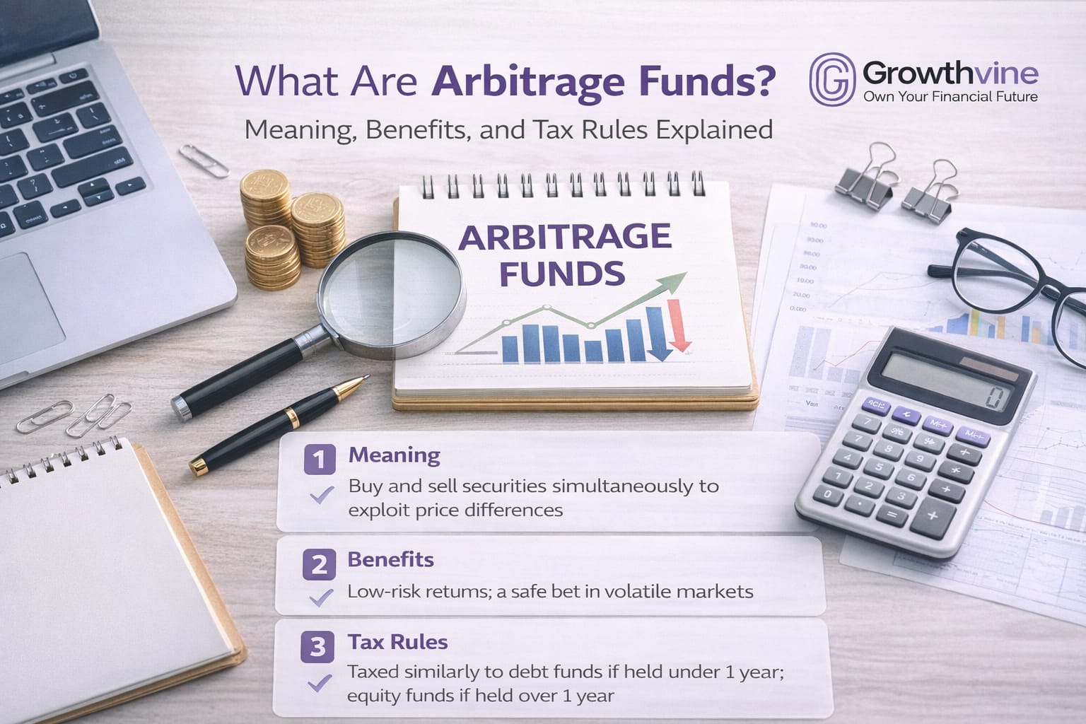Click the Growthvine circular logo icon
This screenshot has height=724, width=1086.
(832, 79)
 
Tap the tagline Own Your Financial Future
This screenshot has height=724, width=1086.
(950, 97)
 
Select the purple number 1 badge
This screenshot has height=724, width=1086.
(319, 460)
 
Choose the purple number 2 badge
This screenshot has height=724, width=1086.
(319, 565)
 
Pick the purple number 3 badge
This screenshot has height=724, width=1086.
(317, 647)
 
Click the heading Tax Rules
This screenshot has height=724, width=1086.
(397, 642)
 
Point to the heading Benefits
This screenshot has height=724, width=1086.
(390, 559)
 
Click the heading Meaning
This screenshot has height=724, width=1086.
(394, 455)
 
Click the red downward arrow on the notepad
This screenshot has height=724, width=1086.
(681, 325)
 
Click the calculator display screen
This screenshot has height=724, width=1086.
(950, 380)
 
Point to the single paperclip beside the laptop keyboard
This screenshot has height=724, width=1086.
(204, 160)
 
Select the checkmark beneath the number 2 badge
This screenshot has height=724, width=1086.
(322, 598)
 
